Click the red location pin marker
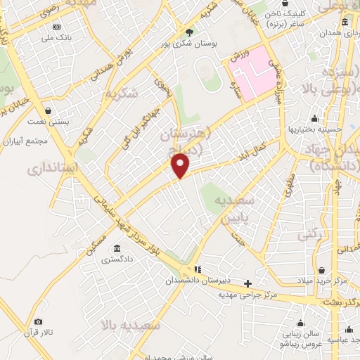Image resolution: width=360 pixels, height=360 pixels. point(181,166)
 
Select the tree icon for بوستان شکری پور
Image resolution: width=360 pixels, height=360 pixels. point(188,32)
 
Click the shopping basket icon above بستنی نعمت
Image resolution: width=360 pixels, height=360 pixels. point(48,110)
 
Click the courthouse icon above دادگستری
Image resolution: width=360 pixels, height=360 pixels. point(115,249)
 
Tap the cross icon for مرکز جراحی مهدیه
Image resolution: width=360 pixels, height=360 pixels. point(247,283)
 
